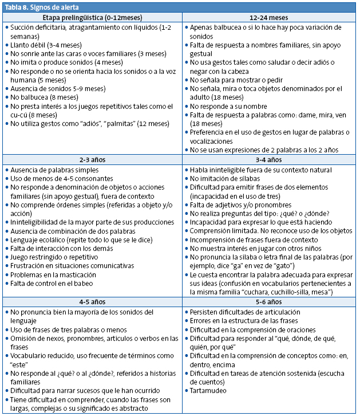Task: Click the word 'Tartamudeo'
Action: (x=208, y=391)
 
